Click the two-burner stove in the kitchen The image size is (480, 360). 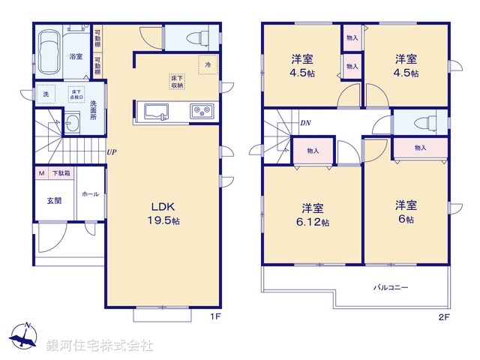click(202, 112)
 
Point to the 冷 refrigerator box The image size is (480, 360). click(208, 65)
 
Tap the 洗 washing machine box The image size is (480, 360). click(45, 95)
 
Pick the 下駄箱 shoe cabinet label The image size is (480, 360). click(61, 174)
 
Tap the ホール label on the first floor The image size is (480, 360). click(90, 193)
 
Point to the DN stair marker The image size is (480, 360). click(305, 122)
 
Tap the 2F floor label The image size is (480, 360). click(444, 317)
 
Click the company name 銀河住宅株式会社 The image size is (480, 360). click(100, 346)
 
